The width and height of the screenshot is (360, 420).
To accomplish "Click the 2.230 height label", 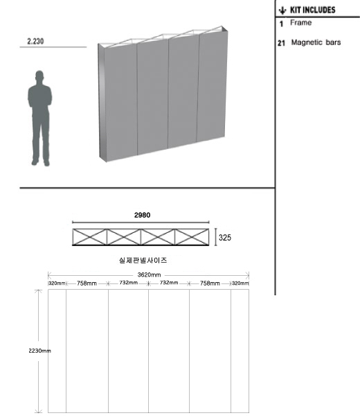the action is (x=35, y=42).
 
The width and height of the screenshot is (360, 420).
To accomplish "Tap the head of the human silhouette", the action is (x=39, y=76).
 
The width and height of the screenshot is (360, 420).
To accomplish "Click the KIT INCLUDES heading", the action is (x=313, y=10).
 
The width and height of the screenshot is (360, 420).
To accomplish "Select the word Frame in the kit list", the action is (x=301, y=22).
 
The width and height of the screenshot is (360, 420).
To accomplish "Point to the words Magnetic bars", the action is (x=316, y=42).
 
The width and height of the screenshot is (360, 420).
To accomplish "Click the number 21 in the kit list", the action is (x=281, y=43).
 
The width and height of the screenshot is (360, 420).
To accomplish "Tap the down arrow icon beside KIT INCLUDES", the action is (x=282, y=10).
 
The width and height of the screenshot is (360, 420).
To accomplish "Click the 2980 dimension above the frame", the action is (x=142, y=215).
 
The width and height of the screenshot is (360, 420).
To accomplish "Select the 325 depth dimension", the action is (x=225, y=237).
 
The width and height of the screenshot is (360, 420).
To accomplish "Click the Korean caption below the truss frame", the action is (x=143, y=260).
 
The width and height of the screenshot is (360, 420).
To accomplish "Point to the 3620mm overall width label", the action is (x=149, y=275).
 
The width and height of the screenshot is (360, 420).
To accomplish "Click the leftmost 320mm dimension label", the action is (x=57, y=283).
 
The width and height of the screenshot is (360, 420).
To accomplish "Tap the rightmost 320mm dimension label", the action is (x=240, y=283).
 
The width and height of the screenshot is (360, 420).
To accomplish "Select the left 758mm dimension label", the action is (x=87, y=283).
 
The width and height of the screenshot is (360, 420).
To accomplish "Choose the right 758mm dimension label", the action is (x=210, y=283).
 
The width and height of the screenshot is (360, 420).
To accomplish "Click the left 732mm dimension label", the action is (x=129, y=283).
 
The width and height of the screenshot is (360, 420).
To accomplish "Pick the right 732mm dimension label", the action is (x=169, y=283).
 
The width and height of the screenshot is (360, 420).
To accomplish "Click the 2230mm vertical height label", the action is (x=39, y=351).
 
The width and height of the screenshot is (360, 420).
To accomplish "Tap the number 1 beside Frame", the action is (x=281, y=24).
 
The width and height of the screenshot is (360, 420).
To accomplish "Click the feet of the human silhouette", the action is (x=40, y=162).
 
